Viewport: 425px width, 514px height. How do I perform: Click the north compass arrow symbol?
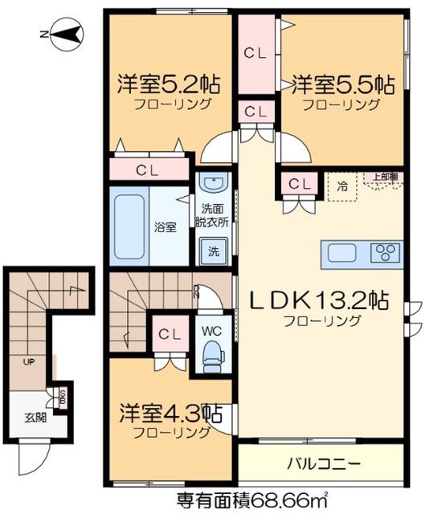(x=65, y=33)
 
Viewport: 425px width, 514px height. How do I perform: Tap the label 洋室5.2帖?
(x=169, y=83)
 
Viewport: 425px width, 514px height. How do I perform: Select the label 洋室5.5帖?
(x=342, y=83)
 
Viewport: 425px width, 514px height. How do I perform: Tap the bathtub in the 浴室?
(x=128, y=226)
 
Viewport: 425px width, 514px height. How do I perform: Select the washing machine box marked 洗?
(x=214, y=250)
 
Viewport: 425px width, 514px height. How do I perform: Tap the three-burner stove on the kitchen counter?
(x=385, y=253)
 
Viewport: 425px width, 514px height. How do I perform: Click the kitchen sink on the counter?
(x=341, y=253)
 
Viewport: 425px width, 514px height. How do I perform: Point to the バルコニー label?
(x=321, y=463)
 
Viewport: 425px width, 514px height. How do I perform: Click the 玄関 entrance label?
(x=35, y=417)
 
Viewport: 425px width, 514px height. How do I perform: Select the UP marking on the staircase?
(x=29, y=361)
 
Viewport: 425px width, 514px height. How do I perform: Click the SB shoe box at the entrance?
(x=62, y=395)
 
